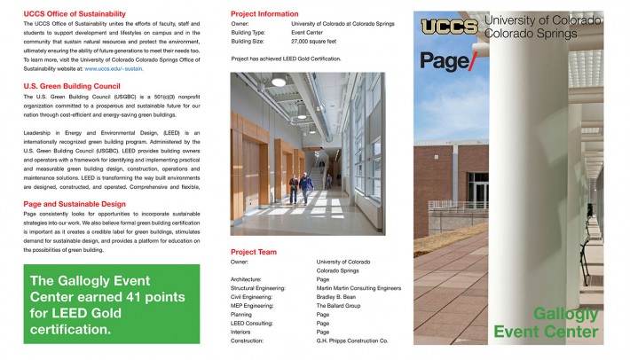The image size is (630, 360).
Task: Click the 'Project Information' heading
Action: click(x=264, y=14)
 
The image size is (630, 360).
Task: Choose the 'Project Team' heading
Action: click(x=254, y=252)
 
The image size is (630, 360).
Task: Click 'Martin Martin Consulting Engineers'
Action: click(x=358, y=287)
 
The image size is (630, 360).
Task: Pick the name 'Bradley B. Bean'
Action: click(x=336, y=295)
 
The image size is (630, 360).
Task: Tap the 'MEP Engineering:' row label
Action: click(x=252, y=304)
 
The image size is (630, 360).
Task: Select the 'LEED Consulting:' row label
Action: click(x=252, y=322)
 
